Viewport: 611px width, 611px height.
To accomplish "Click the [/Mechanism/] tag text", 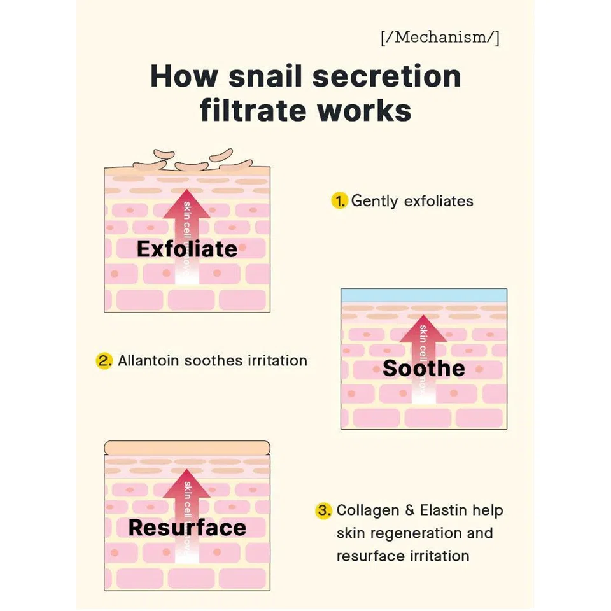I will click(x=440, y=38).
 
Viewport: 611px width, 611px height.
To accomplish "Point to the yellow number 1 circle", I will click(x=339, y=201).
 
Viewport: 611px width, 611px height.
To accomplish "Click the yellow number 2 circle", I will click(x=104, y=361).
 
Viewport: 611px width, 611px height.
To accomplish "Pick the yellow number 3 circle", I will click(x=325, y=510).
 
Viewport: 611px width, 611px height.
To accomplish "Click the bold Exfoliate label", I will click(x=186, y=249).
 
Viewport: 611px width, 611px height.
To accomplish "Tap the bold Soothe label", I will click(x=423, y=368).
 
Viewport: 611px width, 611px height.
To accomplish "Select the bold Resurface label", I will click(x=187, y=528).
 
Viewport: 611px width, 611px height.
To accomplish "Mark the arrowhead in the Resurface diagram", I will click(x=186, y=481).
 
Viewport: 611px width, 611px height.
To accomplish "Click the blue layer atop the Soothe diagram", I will click(x=423, y=295).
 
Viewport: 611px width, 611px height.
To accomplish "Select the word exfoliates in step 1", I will click(x=439, y=201).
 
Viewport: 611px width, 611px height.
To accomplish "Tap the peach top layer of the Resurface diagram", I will click(x=186, y=448).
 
